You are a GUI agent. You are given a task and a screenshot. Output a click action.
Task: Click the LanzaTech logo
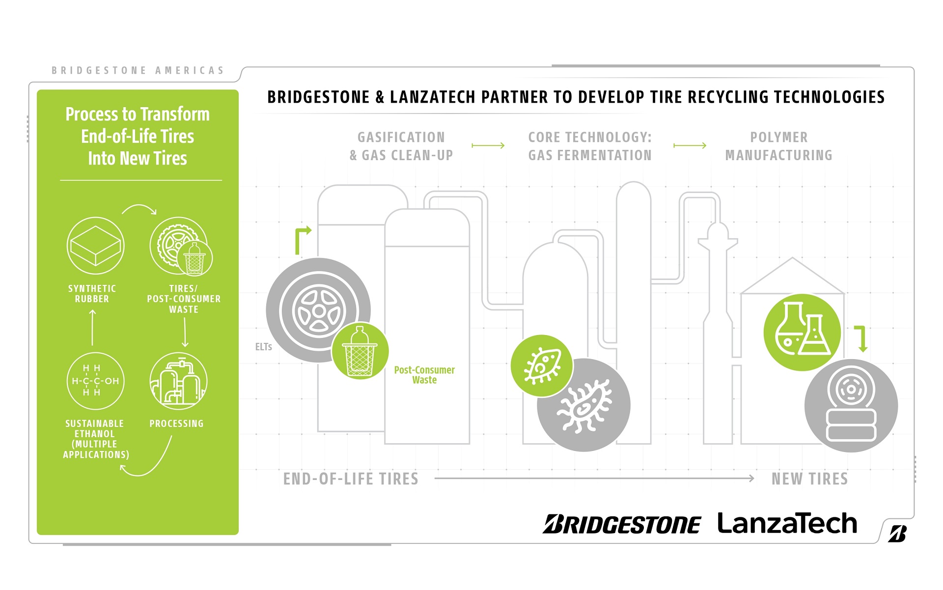click(787, 524)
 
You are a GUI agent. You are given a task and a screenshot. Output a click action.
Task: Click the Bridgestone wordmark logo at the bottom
click(622, 525)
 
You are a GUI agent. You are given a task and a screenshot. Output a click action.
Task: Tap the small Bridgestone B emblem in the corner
click(897, 534)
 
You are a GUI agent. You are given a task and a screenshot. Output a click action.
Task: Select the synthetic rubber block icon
click(95, 246)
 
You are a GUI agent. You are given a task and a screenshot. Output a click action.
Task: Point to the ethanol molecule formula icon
click(95, 381)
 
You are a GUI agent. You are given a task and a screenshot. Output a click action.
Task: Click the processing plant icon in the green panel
click(178, 381)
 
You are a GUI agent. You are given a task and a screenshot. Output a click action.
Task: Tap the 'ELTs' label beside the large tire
click(263, 347)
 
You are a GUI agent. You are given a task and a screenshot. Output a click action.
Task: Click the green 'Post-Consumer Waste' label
click(424, 375)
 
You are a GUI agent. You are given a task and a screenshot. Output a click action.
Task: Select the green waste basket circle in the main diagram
click(360, 351)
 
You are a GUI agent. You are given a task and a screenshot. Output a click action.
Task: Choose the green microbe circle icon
click(541, 366)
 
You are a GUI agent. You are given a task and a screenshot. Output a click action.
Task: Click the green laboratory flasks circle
click(802, 333)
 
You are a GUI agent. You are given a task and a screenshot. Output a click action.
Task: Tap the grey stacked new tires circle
click(851, 405)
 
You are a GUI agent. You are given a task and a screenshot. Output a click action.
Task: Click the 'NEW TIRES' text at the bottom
click(809, 479)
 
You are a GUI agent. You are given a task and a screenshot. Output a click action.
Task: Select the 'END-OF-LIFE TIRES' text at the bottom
click(351, 479)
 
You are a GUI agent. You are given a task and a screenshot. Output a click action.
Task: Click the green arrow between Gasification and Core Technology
click(488, 145)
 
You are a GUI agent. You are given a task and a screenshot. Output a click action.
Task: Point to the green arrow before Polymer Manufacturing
click(690, 145)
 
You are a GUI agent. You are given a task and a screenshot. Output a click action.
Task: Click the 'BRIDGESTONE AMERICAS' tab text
click(138, 71)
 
